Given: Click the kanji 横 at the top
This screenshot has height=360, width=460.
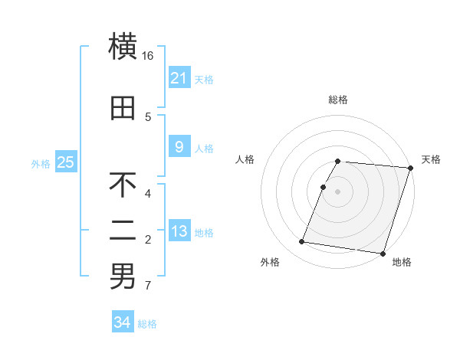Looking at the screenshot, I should click(123, 47).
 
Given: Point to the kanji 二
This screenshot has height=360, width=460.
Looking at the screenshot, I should click(123, 231).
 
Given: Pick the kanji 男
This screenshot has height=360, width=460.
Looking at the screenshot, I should click(123, 277).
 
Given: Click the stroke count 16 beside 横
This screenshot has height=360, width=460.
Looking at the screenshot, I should click(148, 56).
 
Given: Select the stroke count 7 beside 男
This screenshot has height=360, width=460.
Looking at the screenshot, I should click(148, 286).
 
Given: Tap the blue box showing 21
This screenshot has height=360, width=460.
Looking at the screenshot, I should click(179, 78).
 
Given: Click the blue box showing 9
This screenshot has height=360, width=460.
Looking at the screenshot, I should click(179, 147).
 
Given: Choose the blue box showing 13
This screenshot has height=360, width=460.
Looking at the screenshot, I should click(179, 231).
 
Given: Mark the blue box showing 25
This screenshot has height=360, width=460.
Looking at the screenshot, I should click(65, 162).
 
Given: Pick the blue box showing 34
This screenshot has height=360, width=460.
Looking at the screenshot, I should click(122, 322).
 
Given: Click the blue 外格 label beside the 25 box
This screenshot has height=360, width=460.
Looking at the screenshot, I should click(41, 163).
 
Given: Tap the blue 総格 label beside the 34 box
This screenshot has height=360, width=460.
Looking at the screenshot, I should click(147, 324).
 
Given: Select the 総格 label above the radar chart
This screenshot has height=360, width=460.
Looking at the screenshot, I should click(338, 100).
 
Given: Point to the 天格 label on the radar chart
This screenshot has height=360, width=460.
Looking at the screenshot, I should click(431, 159).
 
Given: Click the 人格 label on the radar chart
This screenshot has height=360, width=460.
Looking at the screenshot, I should click(245, 159).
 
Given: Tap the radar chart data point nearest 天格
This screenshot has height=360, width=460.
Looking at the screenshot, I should click(410, 168).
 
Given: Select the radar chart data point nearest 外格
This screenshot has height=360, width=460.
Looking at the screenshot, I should click(302, 242).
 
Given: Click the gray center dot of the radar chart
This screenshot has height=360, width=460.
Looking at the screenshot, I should click(338, 191).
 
